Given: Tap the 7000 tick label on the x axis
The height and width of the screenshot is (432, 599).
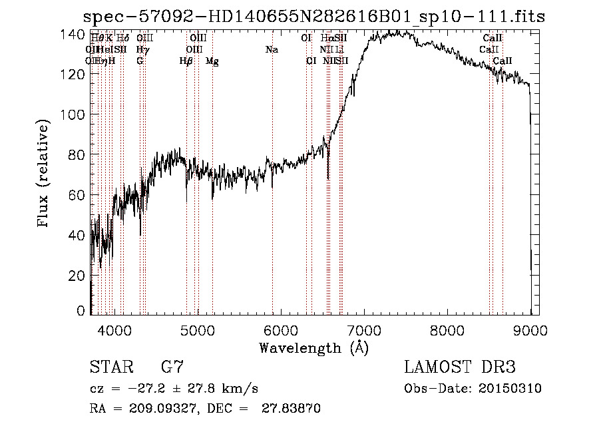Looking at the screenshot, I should (x=364, y=329).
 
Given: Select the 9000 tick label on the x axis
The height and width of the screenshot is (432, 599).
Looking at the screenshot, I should (x=530, y=329).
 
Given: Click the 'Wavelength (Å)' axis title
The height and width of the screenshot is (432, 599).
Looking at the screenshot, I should (x=313, y=347).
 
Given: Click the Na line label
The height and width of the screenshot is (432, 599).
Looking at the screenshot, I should (x=272, y=50).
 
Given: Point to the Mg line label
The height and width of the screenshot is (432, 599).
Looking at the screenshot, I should (x=212, y=61).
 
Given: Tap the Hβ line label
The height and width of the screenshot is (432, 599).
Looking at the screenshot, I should (x=186, y=61).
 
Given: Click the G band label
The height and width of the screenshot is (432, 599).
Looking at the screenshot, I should (x=140, y=61).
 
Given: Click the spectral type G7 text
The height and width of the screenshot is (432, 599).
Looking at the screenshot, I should (x=172, y=367).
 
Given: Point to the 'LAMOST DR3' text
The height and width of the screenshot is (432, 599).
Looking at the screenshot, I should (x=460, y=367).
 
